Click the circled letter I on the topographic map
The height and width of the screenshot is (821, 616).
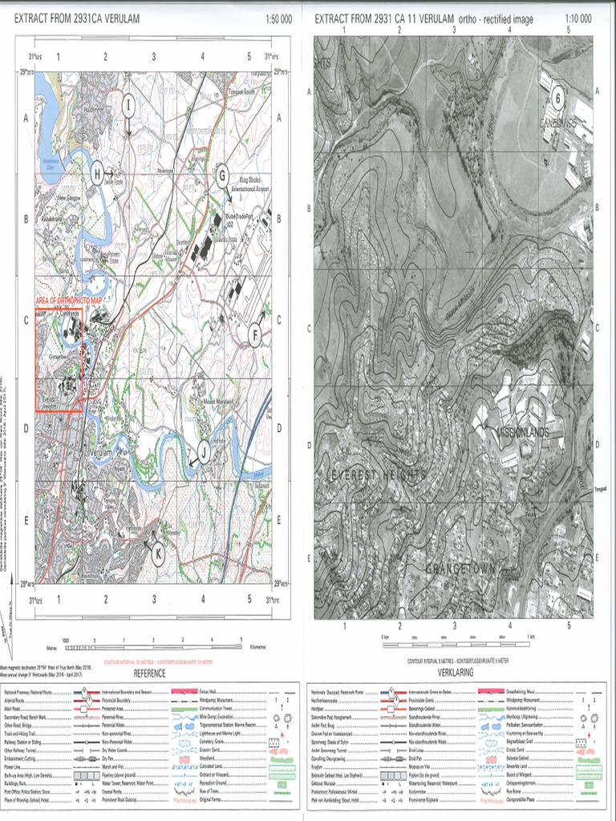pyautogui.click(x=128, y=104)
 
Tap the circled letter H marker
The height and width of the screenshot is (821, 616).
pyautogui.click(x=98, y=172)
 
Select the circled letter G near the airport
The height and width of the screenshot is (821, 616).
pyautogui.click(x=222, y=176)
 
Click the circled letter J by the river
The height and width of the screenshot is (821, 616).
pyautogui.click(x=204, y=453)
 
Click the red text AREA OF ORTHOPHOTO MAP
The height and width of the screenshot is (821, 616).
pyautogui.click(x=79, y=300)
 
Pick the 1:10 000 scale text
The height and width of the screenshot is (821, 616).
pyautogui.click(x=578, y=18)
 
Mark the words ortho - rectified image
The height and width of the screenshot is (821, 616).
pyautogui.click(x=505, y=18)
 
